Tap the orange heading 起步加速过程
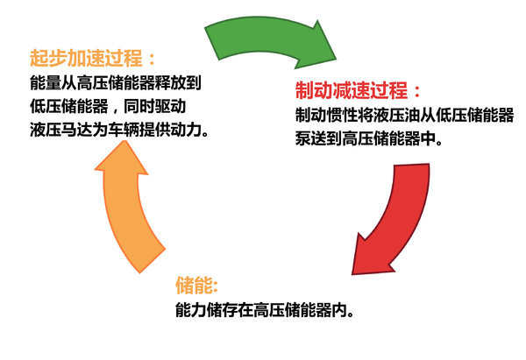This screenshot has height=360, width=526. (x=87, y=60)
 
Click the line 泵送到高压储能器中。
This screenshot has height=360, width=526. (x=367, y=138)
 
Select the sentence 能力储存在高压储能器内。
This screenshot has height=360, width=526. (x=264, y=311)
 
